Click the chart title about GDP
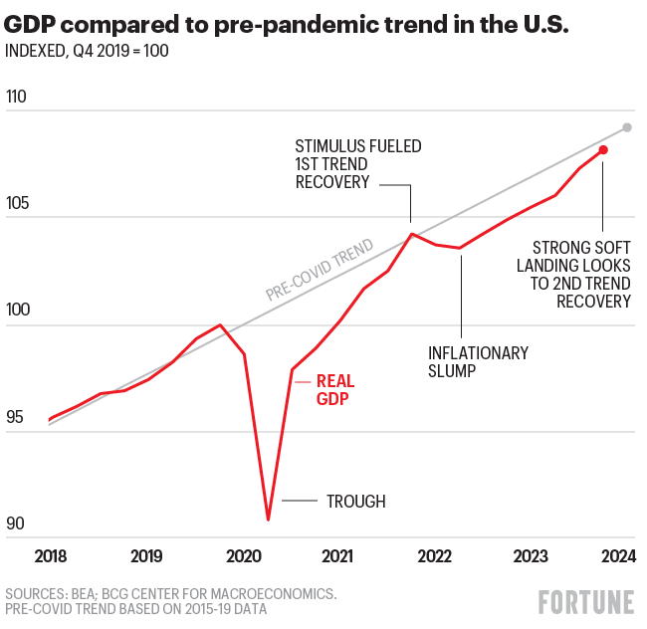pos(288,25)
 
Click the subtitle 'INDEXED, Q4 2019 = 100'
pos(87,51)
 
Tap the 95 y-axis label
pos(17,418)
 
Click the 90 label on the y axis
pos(17,524)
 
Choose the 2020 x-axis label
pos(241,555)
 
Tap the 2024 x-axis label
pos(615,555)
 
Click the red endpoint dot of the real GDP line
pos(603,149)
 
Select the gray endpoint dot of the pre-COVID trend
pos(627,127)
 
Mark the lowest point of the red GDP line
pos(268,519)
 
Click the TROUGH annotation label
pos(355,502)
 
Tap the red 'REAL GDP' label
pos(334,389)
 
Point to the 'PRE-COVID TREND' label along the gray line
pos(320,270)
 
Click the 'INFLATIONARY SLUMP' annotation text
pos(478,362)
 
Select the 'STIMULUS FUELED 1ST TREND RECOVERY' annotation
pos(357,164)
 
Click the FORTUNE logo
pos(586,601)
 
